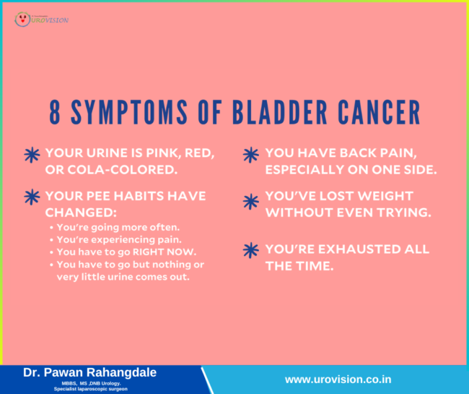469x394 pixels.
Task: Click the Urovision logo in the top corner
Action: point(42,18)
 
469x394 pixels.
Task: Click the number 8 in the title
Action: point(56,114)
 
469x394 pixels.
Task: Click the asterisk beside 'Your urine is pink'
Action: point(32,155)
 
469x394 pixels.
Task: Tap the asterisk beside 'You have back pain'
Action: point(251,155)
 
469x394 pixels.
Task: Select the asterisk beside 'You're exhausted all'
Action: point(251,250)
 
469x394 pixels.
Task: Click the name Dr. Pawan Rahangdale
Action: point(89,372)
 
